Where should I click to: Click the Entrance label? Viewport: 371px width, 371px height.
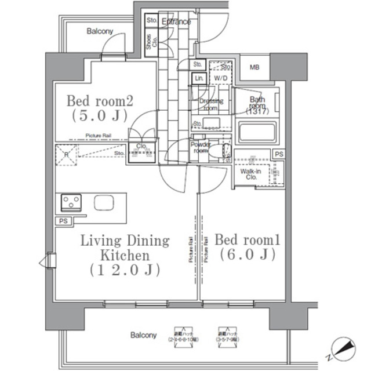(x=176, y=22)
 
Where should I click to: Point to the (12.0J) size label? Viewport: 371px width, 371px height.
(x=124, y=270)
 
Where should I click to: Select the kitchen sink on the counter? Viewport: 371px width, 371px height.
(x=104, y=203)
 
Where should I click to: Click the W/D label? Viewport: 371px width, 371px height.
(x=220, y=78)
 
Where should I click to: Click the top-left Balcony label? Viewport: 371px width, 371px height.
(x=100, y=31)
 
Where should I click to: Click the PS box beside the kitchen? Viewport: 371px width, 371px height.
(x=62, y=221)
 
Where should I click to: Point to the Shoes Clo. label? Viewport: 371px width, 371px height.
(x=149, y=45)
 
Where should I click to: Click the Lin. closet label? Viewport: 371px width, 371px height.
(x=199, y=78)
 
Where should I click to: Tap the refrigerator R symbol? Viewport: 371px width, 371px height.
(x=66, y=155)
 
